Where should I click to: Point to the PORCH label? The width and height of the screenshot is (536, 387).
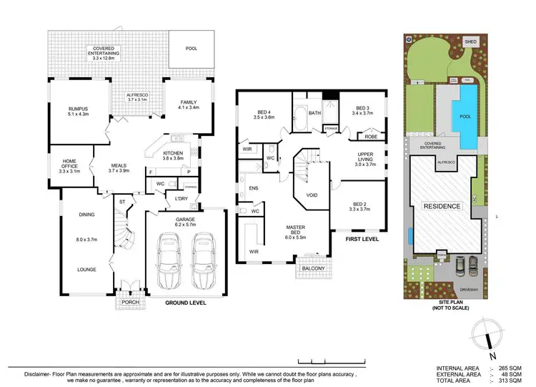131,301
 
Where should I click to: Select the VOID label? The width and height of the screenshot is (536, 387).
312,195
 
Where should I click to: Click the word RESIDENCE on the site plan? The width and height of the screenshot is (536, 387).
442,206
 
